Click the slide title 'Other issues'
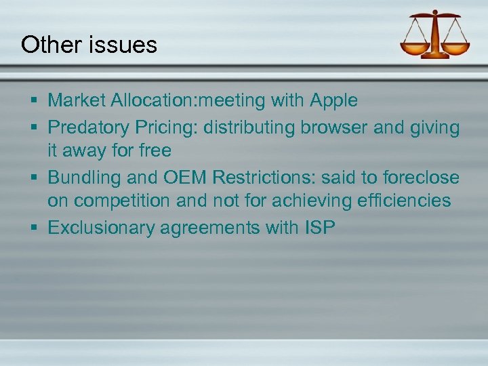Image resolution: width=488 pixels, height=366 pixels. click(89, 45)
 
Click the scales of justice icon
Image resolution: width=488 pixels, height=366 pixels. click(434, 35)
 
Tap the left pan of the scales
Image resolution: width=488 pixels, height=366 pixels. click(414, 49)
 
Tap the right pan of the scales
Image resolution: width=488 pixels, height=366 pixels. click(454, 49)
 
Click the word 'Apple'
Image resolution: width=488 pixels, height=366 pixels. click(333, 101)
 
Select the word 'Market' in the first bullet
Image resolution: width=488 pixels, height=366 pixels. click(77, 101)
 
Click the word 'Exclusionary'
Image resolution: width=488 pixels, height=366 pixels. click(102, 227)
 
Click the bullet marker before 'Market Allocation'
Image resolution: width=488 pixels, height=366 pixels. click(34, 101)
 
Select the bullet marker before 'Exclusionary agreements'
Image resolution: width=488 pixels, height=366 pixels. click(34, 227)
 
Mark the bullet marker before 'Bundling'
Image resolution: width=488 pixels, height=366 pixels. click(34, 178)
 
